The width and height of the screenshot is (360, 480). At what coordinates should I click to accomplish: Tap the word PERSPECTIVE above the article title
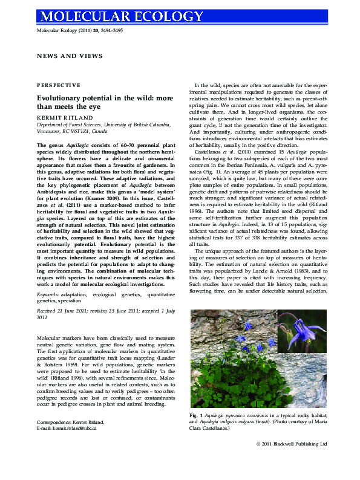tap(58, 85)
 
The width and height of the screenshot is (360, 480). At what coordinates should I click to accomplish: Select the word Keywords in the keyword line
tap(48, 293)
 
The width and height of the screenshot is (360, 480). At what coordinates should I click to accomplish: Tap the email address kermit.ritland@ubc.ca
tap(74, 428)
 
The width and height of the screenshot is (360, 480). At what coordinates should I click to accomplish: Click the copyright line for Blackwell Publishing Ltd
tap(292, 443)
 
